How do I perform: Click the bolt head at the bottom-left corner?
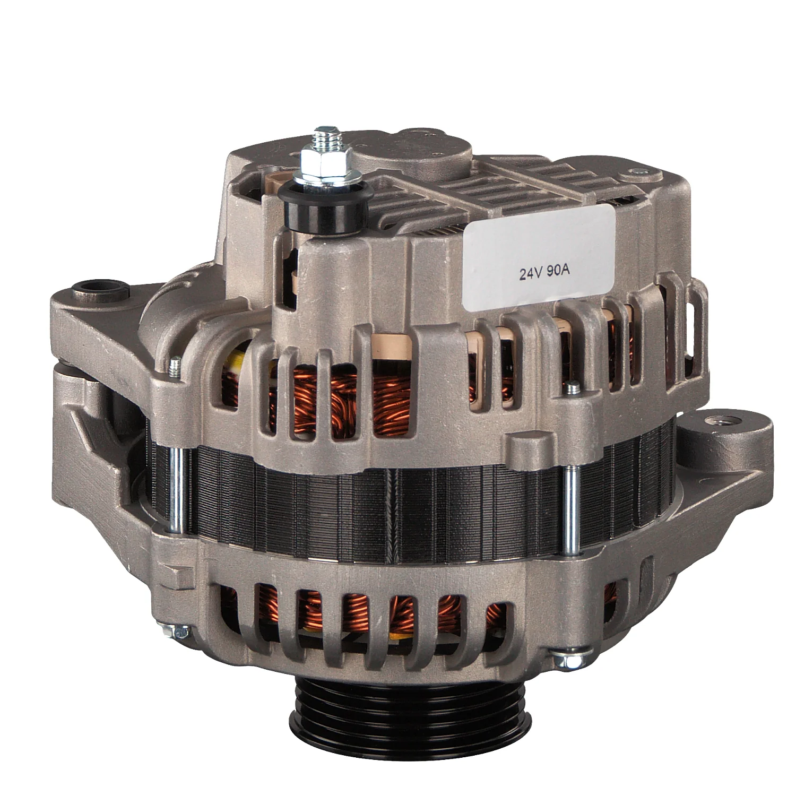(180, 632)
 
